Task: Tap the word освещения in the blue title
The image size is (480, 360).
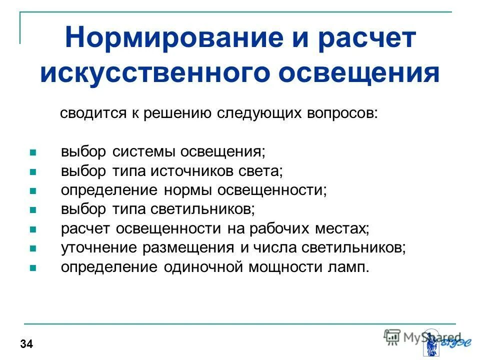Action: pos(359,73)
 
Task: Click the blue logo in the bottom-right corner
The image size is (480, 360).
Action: pos(440,341)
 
